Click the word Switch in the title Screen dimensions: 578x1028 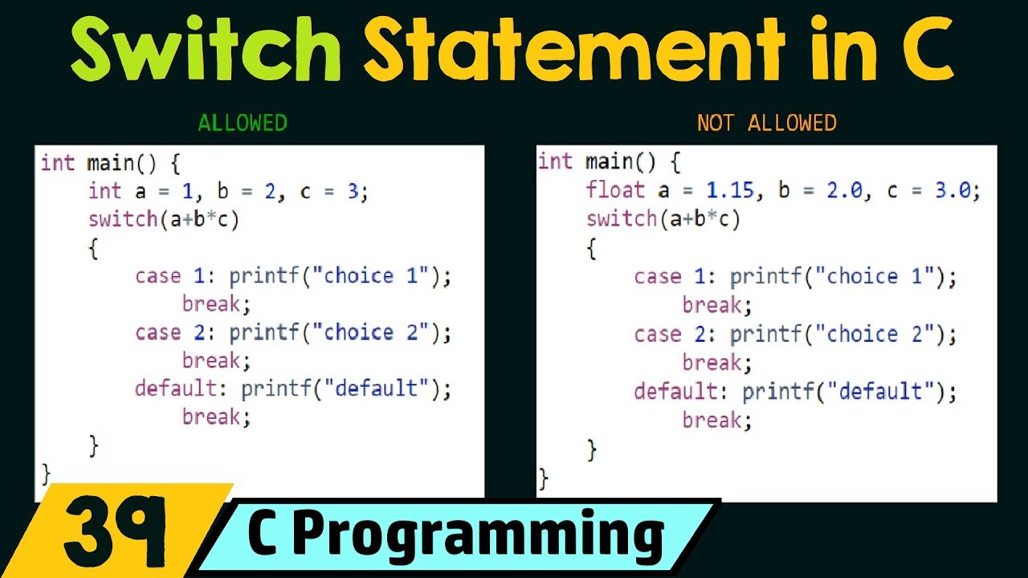point(206,50)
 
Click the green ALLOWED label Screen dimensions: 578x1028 point(243,123)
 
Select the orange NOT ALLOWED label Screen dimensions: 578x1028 point(767,123)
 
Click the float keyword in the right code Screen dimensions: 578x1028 point(615,190)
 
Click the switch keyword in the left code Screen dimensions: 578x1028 point(123,219)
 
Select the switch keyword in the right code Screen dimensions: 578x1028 point(621,218)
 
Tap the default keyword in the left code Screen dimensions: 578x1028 point(176,389)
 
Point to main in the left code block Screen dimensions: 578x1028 point(111,163)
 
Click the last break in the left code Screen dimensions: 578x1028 point(216,417)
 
